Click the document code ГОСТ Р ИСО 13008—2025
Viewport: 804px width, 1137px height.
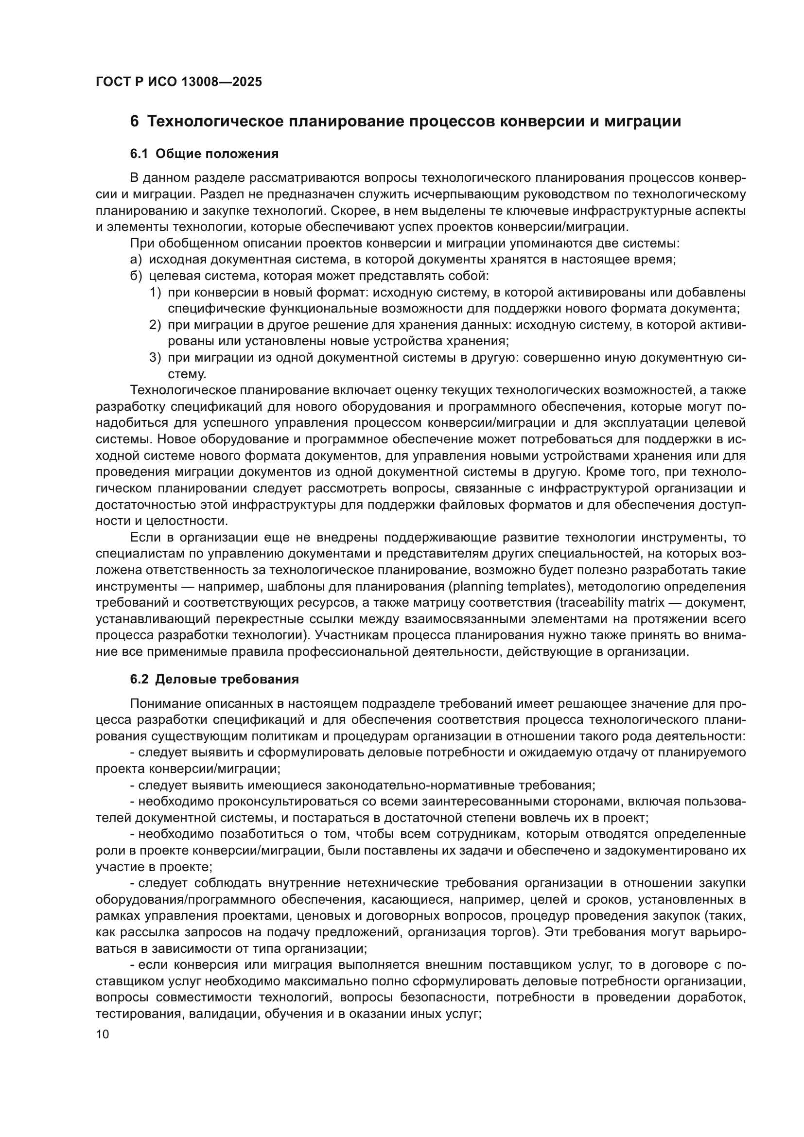point(179,82)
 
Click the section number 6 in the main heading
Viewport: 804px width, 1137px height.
point(134,122)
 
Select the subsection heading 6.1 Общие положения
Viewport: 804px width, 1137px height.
point(204,154)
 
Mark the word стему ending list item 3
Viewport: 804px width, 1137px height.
point(187,374)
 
